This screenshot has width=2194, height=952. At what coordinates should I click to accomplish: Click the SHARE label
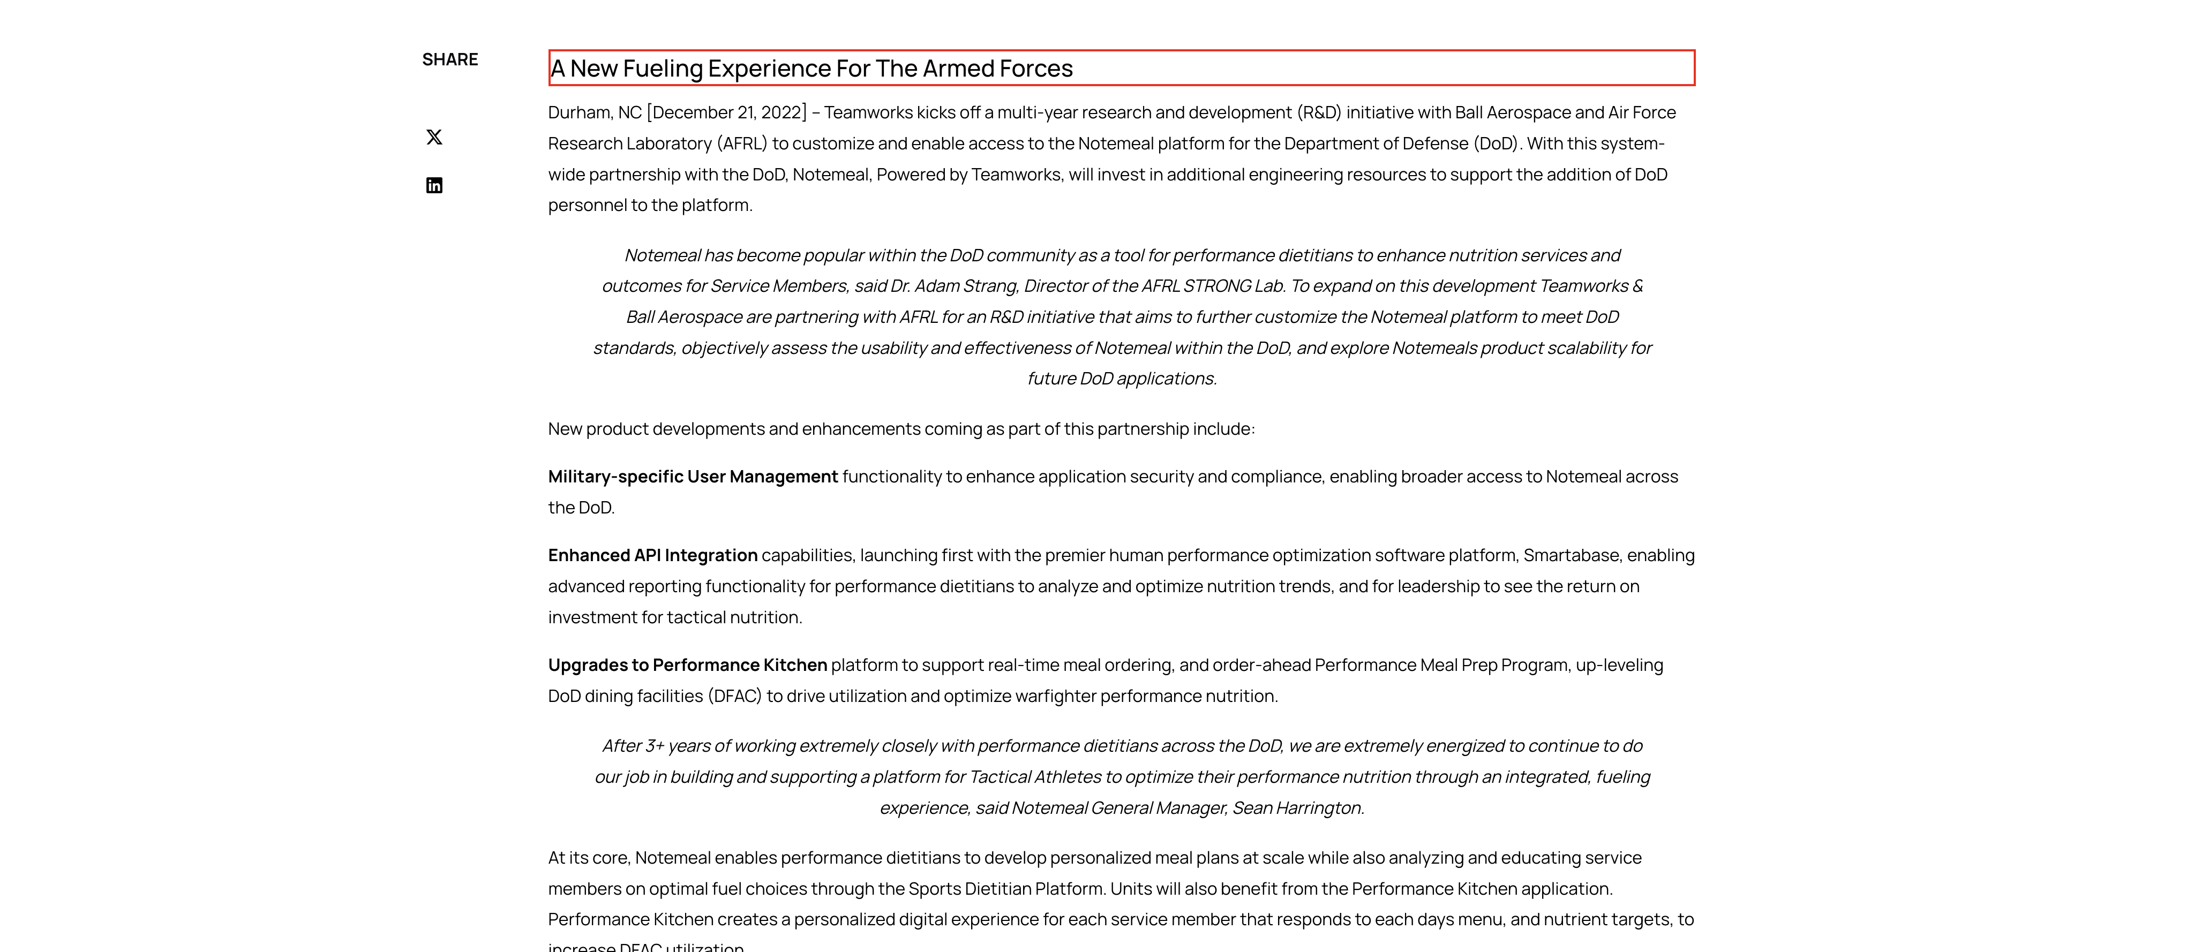click(x=450, y=59)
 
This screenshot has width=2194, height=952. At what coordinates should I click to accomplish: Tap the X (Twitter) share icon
click(x=434, y=137)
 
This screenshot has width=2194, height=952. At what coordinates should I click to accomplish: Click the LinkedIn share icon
click(x=434, y=186)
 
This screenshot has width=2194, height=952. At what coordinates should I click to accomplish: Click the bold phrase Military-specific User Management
click(x=693, y=477)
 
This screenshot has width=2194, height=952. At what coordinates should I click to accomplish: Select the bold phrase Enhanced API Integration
click(x=652, y=555)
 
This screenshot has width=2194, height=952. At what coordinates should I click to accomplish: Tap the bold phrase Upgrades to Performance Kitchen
click(x=687, y=665)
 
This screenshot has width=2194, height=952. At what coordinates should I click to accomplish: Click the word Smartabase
click(x=1571, y=555)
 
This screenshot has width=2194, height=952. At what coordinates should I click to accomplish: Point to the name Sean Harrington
click(x=1297, y=808)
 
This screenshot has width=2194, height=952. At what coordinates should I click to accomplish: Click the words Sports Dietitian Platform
click(x=1006, y=889)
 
